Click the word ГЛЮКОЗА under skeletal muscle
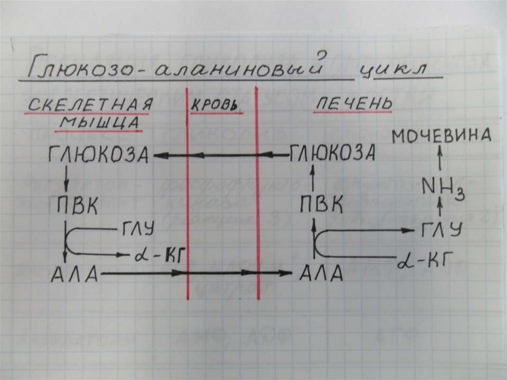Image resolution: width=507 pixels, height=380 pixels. coord(99,155)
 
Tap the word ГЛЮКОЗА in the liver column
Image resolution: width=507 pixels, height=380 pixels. coord(332,153)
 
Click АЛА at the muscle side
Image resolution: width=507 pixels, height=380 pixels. coord(74,274)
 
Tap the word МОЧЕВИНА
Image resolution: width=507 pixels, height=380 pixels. coord(442,135)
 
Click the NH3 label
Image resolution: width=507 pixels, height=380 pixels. coord(442,187)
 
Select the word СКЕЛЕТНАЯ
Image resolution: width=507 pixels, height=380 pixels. coord(89,105)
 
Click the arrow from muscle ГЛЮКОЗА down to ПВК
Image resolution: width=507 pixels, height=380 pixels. coord(66,180)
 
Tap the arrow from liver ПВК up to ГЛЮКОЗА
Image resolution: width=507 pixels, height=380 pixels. coord(312,179)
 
